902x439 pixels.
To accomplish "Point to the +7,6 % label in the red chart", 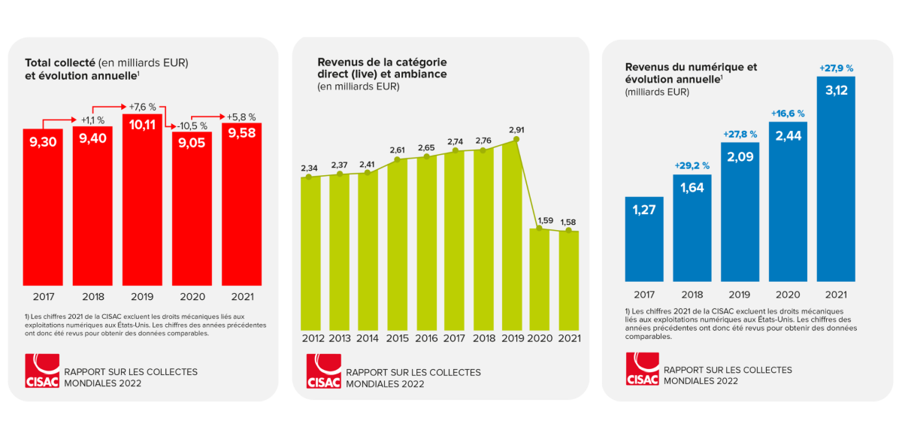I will click(142, 106).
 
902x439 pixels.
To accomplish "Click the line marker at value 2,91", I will click(515, 139).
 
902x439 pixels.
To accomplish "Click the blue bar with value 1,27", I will click(644, 238).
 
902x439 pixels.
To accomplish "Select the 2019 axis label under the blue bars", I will click(740, 295).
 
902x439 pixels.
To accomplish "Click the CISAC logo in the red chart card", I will click(41, 372).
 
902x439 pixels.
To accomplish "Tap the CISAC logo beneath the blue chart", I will click(642, 370).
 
